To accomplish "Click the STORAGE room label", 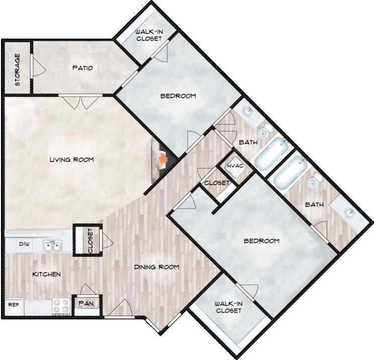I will (17, 70).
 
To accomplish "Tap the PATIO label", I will (82, 68).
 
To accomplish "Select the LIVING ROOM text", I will (72, 160).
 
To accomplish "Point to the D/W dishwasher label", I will (24, 245).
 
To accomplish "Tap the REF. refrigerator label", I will (13, 304).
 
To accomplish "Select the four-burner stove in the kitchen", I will (61, 306).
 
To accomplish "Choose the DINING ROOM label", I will (156, 267).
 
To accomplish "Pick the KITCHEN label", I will (47, 274).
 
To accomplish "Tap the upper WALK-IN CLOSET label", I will (149, 35).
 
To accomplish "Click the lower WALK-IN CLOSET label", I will (228, 307).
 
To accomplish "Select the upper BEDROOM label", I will (178, 96).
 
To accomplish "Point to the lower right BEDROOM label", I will (261, 241).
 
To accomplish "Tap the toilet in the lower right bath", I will (314, 182).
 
